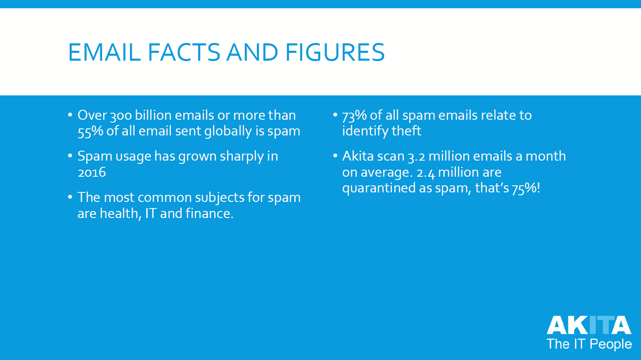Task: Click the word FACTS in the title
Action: (184, 52)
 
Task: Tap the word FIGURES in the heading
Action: (335, 52)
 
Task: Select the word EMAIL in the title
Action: (104, 52)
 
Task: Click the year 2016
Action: (92, 173)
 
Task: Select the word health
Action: (121, 213)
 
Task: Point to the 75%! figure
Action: (526, 188)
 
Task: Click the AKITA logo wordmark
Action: (589, 325)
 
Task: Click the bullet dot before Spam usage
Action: (70, 156)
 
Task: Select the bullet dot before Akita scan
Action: (335, 156)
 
